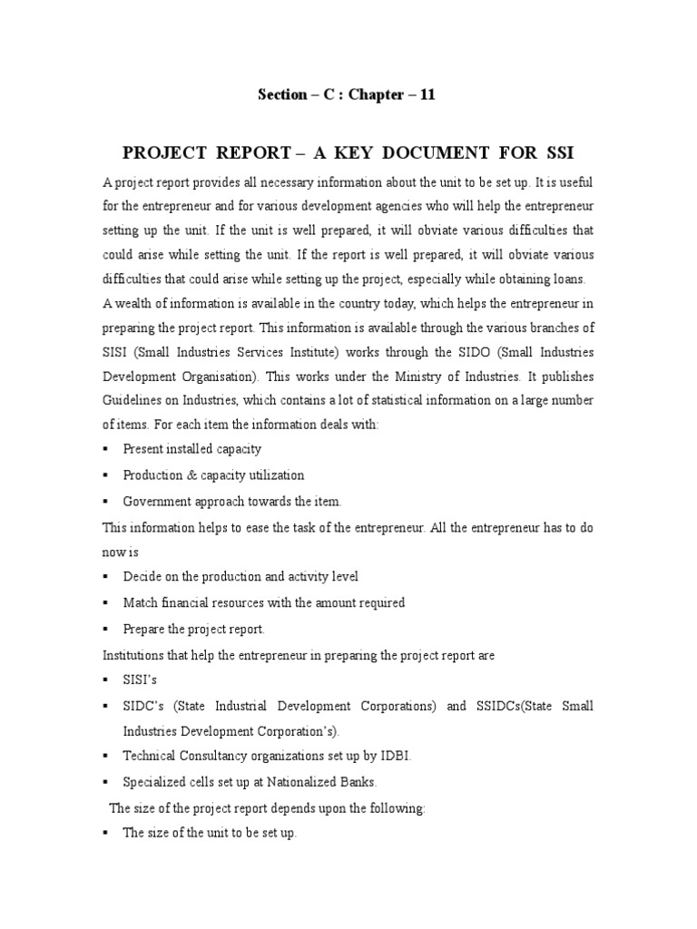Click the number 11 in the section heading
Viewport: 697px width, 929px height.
coord(427,94)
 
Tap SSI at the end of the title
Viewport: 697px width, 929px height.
coord(557,151)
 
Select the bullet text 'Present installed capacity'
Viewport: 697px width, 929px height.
coord(191,449)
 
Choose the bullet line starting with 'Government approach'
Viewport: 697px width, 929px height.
coord(232,501)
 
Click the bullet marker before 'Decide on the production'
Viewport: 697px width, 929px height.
coord(106,577)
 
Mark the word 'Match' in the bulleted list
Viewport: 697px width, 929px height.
coord(139,602)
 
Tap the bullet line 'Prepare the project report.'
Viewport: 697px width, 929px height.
coord(193,628)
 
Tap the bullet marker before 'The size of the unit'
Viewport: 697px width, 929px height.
coord(106,833)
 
